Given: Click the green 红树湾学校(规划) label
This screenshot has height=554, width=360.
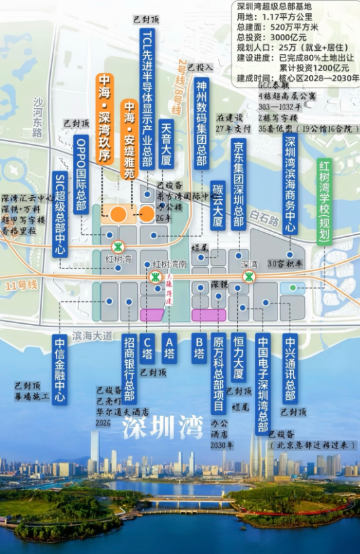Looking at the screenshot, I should (324, 200).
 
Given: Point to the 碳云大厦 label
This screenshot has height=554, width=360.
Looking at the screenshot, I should (218, 206).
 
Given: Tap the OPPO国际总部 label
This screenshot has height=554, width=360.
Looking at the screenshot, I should (82, 177).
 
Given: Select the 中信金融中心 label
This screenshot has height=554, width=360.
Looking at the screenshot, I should (60, 369).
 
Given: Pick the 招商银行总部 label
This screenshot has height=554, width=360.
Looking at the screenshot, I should (130, 369).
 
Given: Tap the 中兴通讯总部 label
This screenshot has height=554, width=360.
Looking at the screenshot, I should (289, 369).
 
